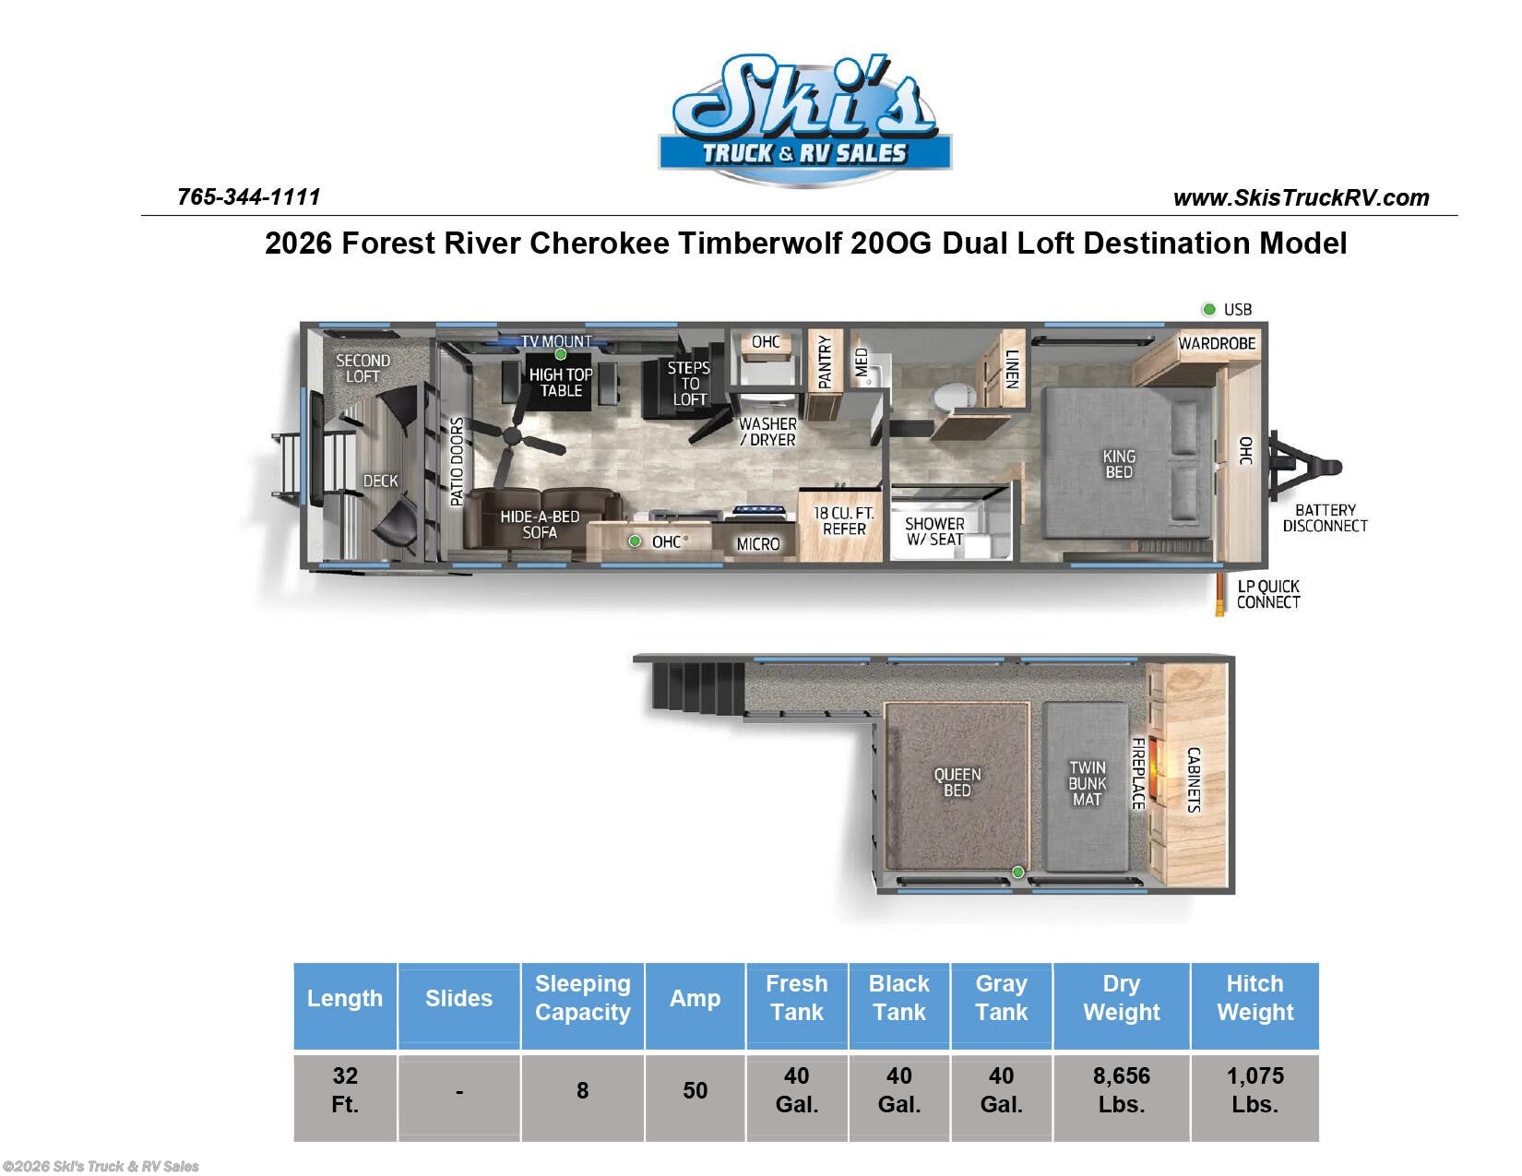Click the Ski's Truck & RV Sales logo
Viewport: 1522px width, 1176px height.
pyautogui.click(x=804, y=120)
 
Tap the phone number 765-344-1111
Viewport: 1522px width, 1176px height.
pyautogui.click(x=248, y=196)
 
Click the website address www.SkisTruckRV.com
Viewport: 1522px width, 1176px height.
pyautogui.click(x=1301, y=197)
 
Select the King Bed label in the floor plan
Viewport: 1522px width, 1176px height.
pyautogui.click(x=1119, y=464)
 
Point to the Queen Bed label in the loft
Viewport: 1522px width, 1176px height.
pyautogui.click(x=957, y=782)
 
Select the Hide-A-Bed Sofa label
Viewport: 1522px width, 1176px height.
pyautogui.click(x=540, y=524)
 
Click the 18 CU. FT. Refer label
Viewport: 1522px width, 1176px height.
pyautogui.click(x=843, y=521)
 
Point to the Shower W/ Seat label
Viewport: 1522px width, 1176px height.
pyautogui.click(x=934, y=531)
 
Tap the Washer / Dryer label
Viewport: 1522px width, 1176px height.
pyautogui.click(x=767, y=432)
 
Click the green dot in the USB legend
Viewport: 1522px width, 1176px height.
pyautogui.click(x=1208, y=309)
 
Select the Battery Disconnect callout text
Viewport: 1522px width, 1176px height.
pyautogui.click(x=1325, y=518)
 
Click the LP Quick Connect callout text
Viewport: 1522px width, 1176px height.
pyautogui.click(x=1268, y=594)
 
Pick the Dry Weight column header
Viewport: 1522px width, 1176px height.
pyautogui.click(x=1121, y=998)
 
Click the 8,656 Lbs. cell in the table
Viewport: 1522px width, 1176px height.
pyautogui.click(x=1121, y=1090)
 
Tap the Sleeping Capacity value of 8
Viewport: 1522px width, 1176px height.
pyautogui.click(x=582, y=1090)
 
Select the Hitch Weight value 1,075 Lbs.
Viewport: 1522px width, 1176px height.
pyautogui.click(x=1254, y=1090)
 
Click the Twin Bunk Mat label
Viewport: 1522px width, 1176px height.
pyautogui.click(x=1087, y=783)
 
